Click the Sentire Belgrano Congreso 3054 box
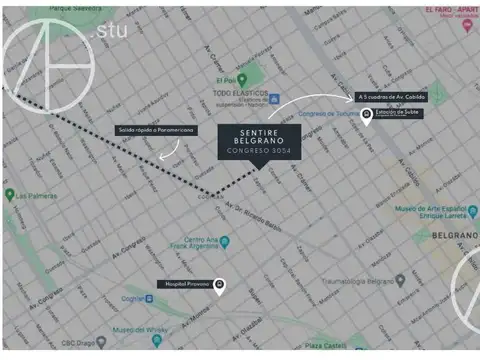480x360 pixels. [x=259, y=143]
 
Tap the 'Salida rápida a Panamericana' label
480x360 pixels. [x=155, y=130]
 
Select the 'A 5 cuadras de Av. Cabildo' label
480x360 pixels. [x=391, y=97]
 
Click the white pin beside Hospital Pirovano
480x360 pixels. [x=220, y=286]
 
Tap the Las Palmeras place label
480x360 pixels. [x=38, y=195]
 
